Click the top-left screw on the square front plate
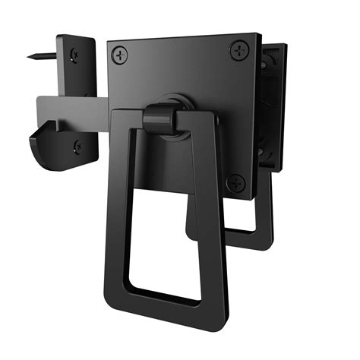coord(121,55)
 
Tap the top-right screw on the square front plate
coord(238,49)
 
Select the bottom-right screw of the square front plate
coord(237,183)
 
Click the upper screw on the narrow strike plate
coord(74,54)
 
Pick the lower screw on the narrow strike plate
coord(78,146)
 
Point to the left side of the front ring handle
coord(121,205)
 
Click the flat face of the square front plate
coord(190,76)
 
